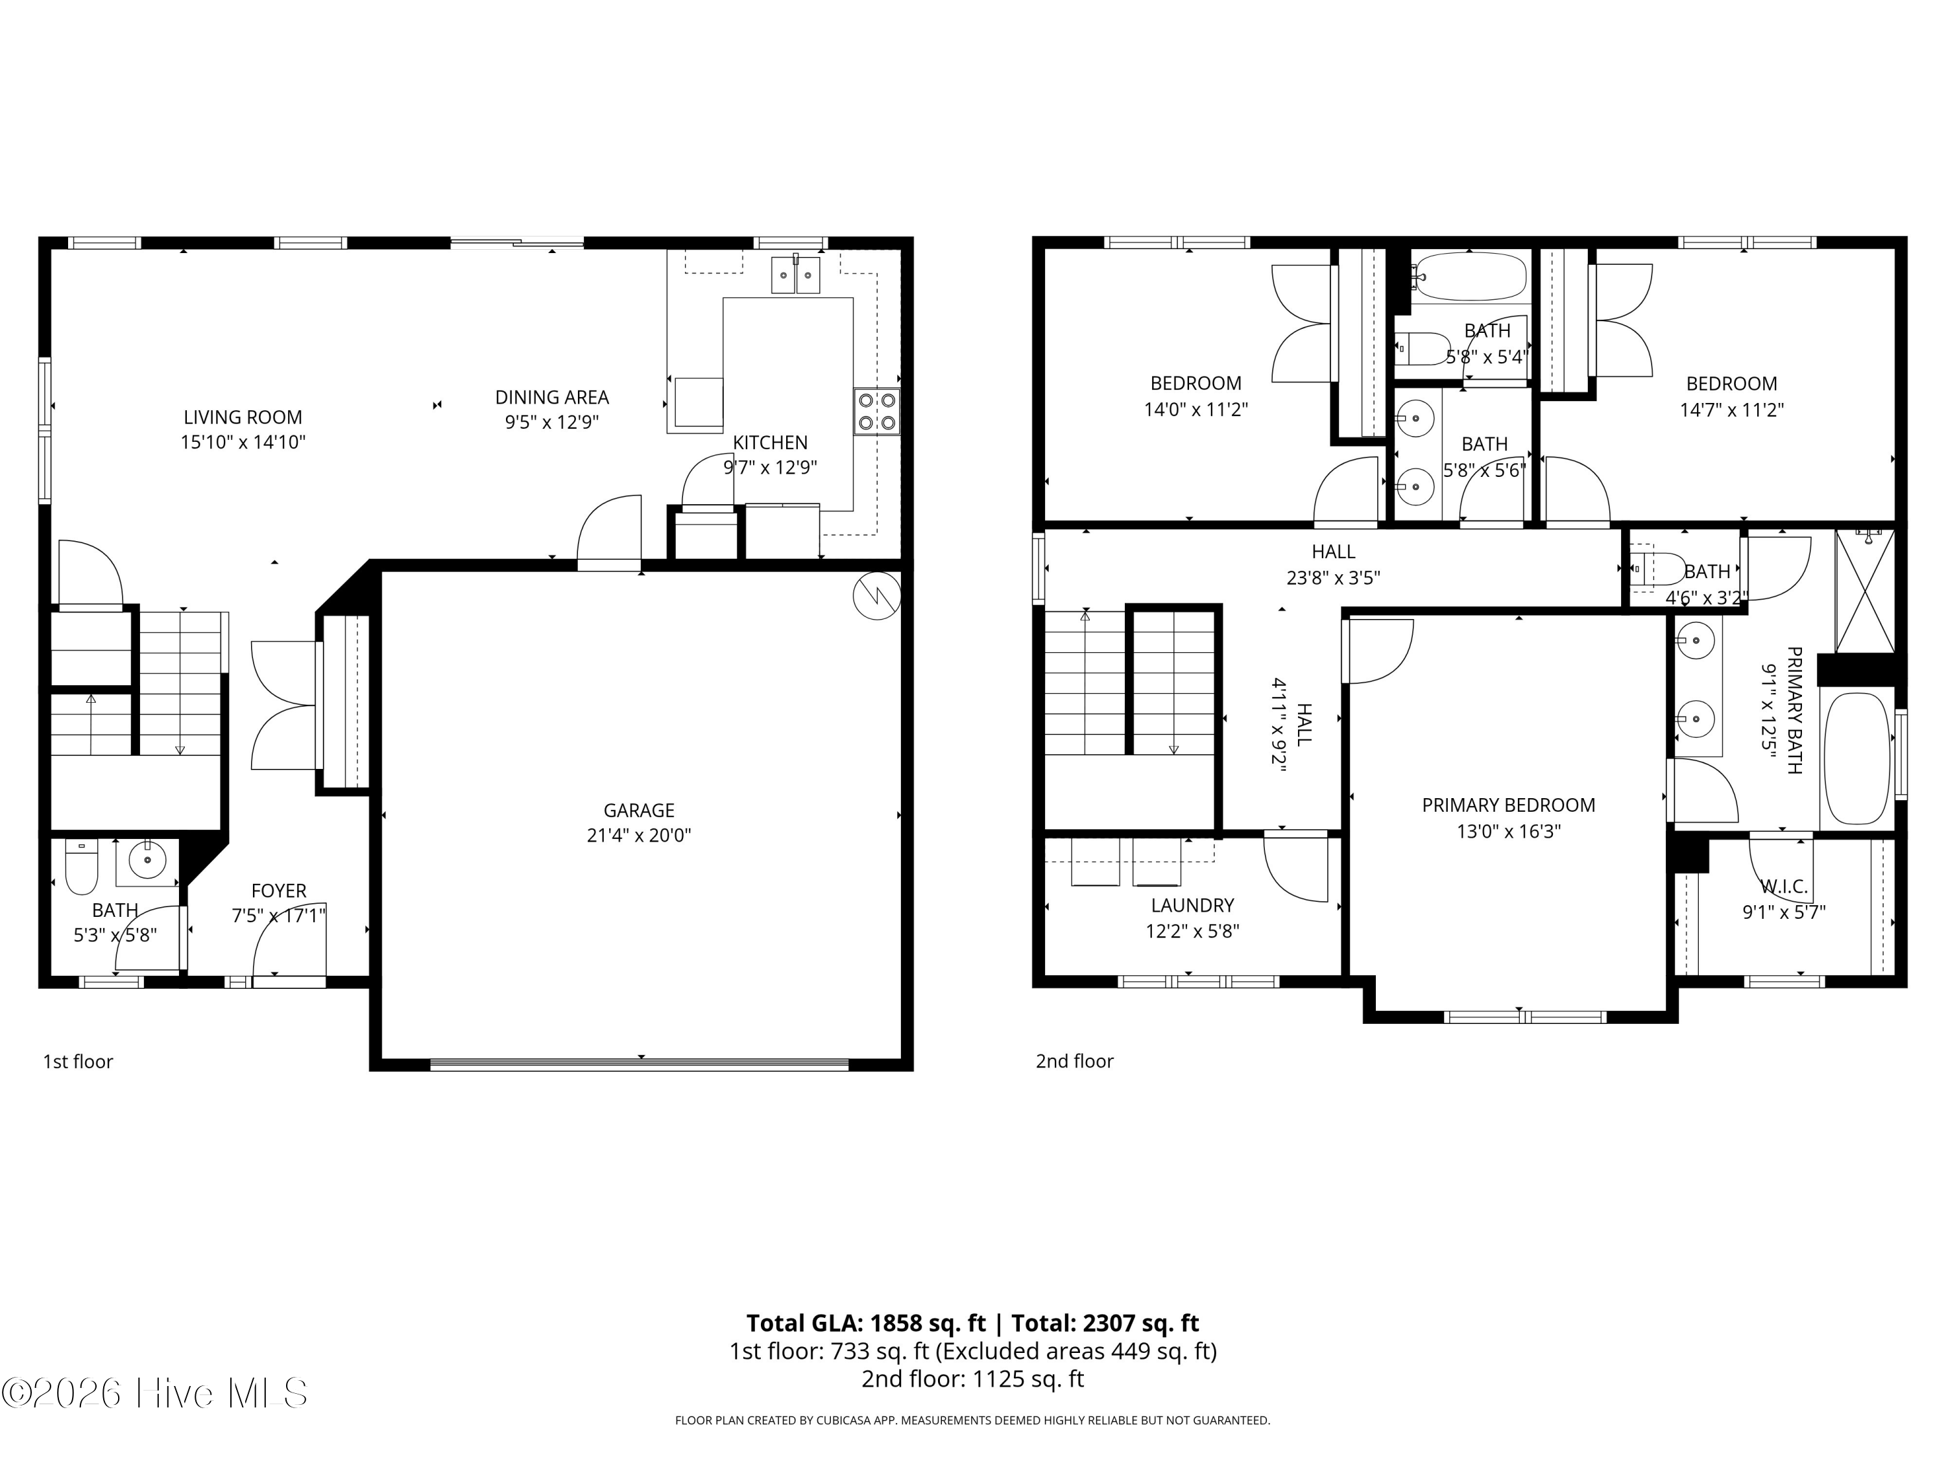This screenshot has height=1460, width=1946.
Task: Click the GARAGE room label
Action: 639,810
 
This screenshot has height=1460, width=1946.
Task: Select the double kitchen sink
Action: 795,274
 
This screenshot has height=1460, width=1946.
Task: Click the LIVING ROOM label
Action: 243,417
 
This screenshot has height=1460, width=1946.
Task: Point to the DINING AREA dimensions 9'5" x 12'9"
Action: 551,422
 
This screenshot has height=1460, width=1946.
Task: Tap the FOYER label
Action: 279,891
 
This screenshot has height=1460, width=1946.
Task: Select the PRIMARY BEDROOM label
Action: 1509,805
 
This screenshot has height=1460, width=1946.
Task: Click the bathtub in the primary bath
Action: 1857,759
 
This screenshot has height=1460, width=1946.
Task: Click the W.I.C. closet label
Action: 1784,886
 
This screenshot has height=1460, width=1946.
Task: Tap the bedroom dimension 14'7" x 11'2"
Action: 1731,410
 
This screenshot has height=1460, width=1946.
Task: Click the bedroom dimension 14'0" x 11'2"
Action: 1195,410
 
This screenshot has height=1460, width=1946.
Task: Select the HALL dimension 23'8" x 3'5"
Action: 1333,578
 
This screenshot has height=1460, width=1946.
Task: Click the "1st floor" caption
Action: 78,1062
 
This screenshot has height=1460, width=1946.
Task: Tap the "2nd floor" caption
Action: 1074,1062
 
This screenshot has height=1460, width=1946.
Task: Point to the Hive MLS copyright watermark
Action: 155,1393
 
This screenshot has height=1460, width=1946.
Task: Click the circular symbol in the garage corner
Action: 877,596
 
